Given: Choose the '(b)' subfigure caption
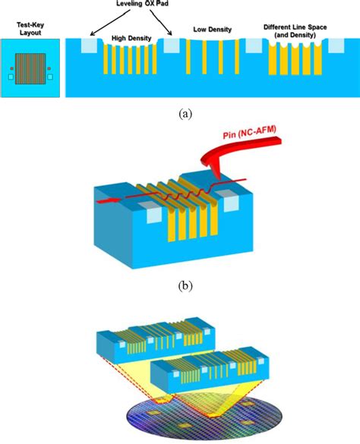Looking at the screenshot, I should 185,286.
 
